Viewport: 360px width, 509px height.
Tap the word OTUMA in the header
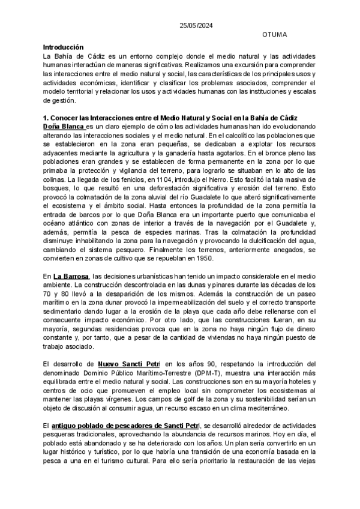(275, 35)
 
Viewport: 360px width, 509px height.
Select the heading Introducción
(63, 47)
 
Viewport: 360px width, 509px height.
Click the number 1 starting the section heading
(45, 116)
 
